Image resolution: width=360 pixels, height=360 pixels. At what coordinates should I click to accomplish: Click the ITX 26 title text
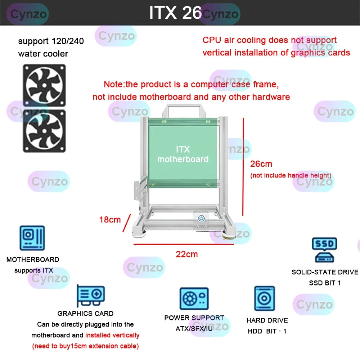(x=175, y=13)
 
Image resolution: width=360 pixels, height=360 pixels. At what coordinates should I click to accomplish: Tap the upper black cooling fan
(x=44, y=85)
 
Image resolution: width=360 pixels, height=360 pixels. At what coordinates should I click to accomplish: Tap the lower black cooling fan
(x=44, y=131)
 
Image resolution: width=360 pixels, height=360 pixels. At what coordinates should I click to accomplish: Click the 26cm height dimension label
(x=261, y=164)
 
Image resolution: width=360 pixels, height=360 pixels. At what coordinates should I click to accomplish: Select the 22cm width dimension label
(x=187, y=254)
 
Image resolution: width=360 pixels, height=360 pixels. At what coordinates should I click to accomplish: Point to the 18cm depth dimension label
(x=110, y=220)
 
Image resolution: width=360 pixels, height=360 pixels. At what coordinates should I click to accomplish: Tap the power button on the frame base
(x=201, y=218)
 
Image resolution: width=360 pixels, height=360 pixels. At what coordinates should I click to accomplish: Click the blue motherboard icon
(x=32, y=238)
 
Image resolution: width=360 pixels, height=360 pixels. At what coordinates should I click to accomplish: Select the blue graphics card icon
(x=91, y=296)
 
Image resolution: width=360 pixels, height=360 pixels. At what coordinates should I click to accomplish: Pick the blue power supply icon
(x=194, y=299)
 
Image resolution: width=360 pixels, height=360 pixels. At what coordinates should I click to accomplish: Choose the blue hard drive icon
(x=265, y=298)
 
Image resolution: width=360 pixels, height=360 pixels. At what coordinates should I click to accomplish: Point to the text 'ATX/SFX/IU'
(x=194, y=329)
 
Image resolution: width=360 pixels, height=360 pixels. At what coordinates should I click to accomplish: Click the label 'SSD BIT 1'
(x=325, y=283)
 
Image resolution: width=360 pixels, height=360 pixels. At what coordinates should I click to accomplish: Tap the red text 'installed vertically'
(x=112, y=335)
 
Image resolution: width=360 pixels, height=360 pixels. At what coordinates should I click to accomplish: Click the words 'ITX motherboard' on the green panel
(x=183, y=154)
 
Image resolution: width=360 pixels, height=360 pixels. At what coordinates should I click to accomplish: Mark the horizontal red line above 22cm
(x=184, y=244)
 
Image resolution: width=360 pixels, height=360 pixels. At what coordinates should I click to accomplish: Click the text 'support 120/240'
(x=51, y=41)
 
